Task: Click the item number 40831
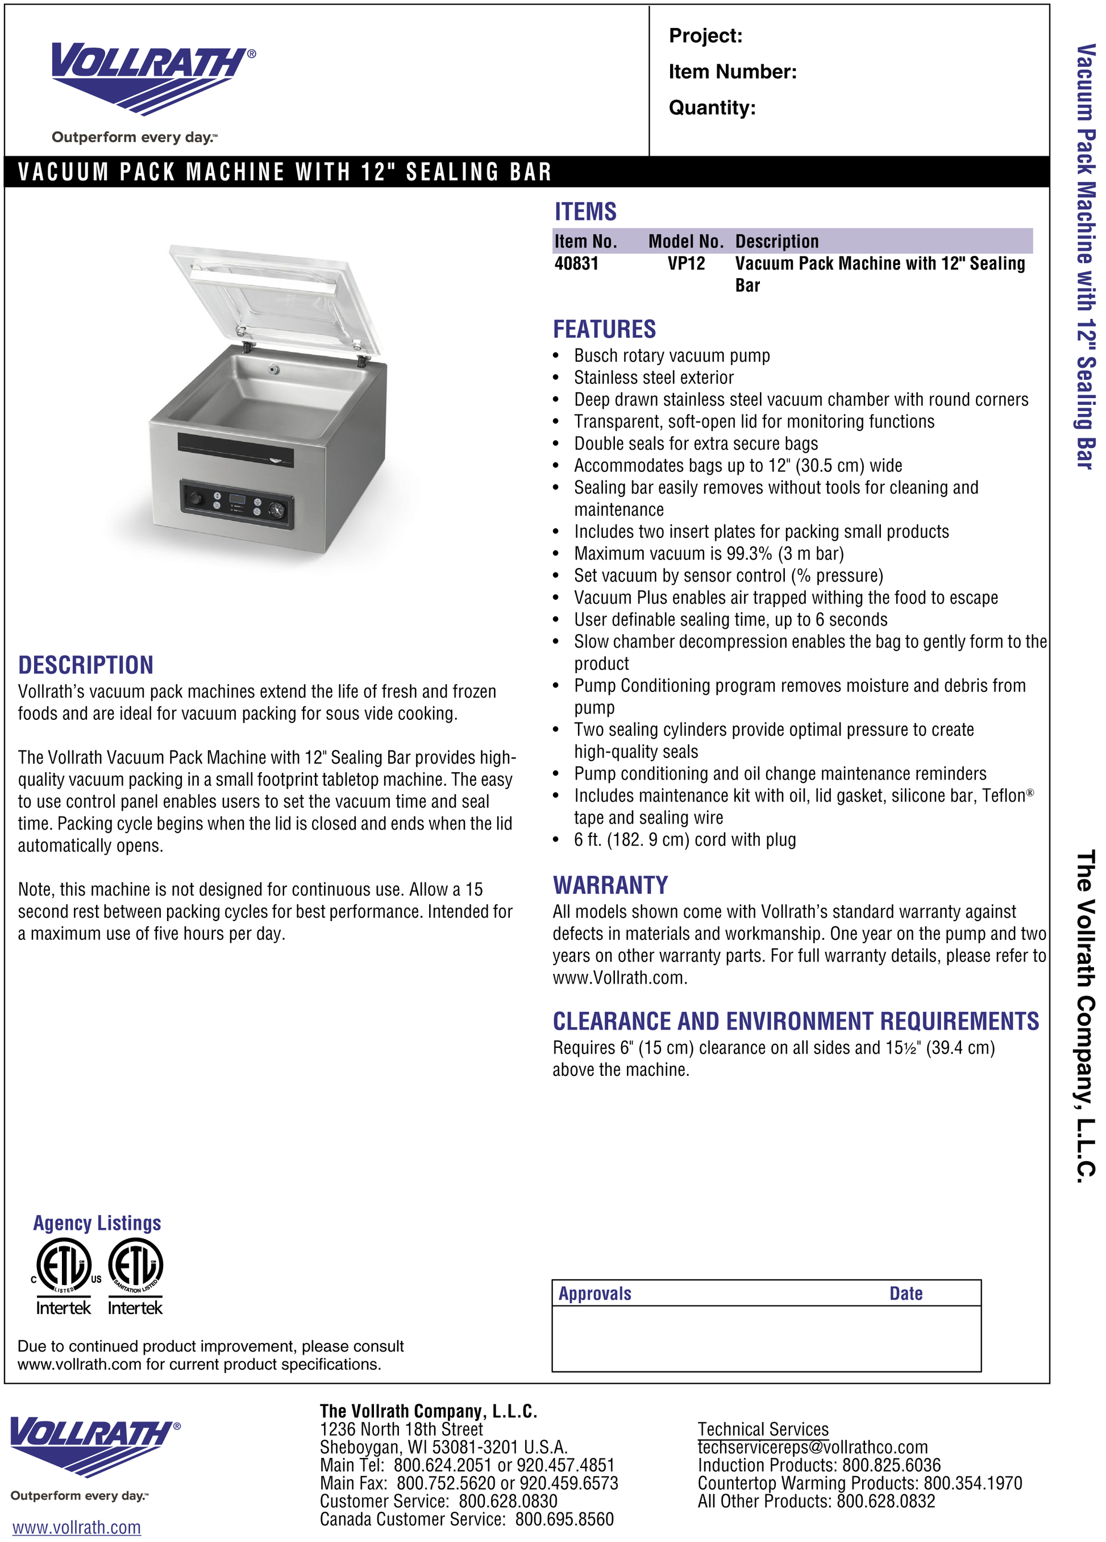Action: pyautogui.click(x=576, y=264)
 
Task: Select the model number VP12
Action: pyautogui.click(x=686, y=264)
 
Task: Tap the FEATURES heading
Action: pyautogui.click(x=604, y=330)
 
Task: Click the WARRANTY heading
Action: pyautogui.click(x=610, y=885)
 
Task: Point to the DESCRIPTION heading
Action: pyautogui.click(x=86, y=665)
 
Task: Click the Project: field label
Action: pyautogui.click(x=705, y=36)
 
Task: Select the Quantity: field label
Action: pyautogui.click(x=712, y=108)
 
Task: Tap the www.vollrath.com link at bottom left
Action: pyautogui.click(x=77, y=1527)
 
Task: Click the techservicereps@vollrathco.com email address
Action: pyautogui.click(x=812, y=1447)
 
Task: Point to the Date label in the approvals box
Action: pyautogui.click(x=905, y=1293)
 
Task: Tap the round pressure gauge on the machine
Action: pyautogui.click(x=276, y=510)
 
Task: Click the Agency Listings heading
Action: pyautogui.click(x=97, y=1223)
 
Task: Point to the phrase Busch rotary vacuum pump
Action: pyautogui.click(x=672, y=355)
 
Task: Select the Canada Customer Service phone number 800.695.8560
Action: pyautogui.click(x=564, y=1519)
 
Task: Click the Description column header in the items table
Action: pyautogui.click(x=777, y=241)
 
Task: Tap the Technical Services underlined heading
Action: pyautogui.click(x=763, y=1428)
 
